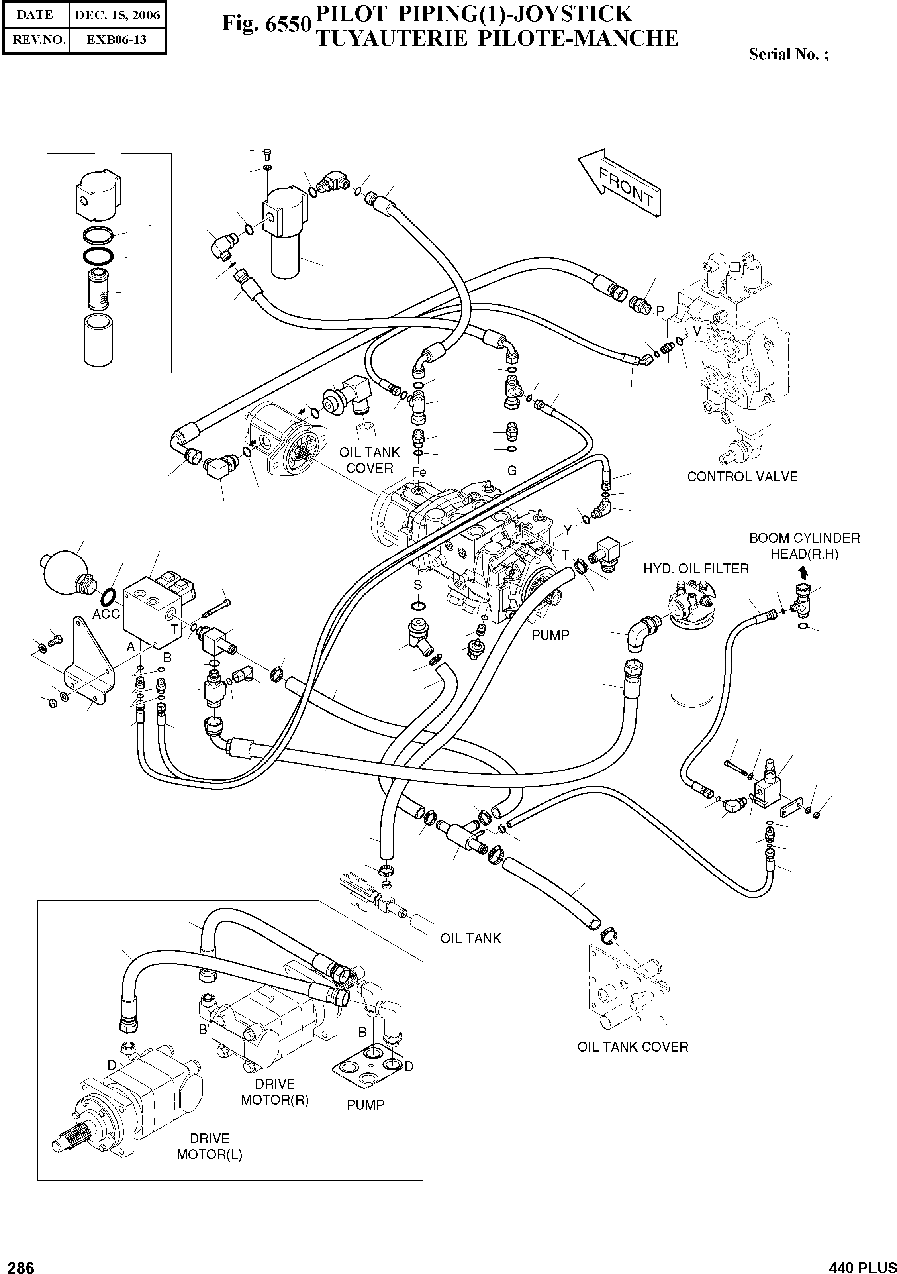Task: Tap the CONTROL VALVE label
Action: (742, 477)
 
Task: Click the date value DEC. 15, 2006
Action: (117, 15)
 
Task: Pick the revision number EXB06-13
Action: (117, 40)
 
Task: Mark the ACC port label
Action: (106, 614)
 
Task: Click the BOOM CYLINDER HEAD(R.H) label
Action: (804, 546)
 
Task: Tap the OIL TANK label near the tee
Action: (470, 938)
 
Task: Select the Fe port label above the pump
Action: (419, 472)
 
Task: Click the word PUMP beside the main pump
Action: (550, 635)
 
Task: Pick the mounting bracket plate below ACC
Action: (89, 666)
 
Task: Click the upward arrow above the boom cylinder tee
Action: (803, 571)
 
